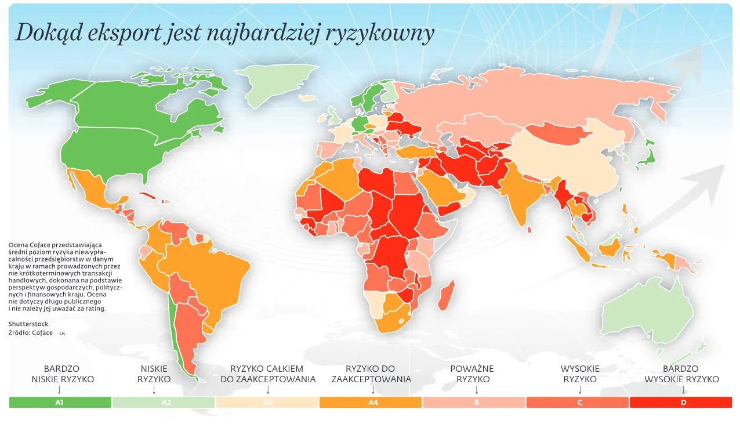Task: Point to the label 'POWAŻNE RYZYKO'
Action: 473,374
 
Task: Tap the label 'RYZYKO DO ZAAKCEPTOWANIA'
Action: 371,374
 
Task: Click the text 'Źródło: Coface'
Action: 31,333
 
